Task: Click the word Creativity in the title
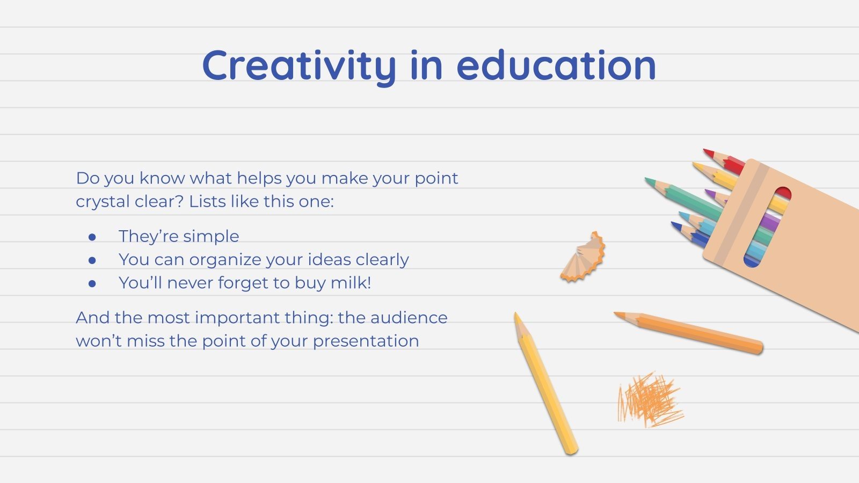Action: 299,66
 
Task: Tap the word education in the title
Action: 556,66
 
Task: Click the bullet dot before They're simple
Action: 92,237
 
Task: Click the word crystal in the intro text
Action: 101,202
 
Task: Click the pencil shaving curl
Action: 584,258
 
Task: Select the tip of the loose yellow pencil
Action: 516,317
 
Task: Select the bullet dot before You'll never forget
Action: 92,283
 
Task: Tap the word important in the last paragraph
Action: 237,318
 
